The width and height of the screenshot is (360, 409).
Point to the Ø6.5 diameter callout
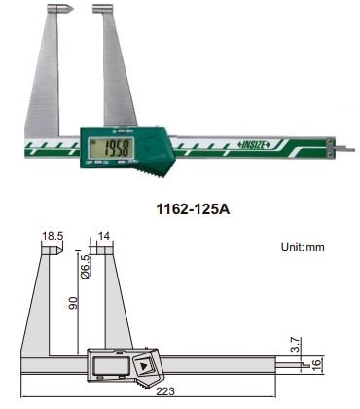tap(85, 267)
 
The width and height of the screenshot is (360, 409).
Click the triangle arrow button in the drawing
tap(144, 367)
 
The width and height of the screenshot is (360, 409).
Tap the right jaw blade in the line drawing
tap(104, 302)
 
